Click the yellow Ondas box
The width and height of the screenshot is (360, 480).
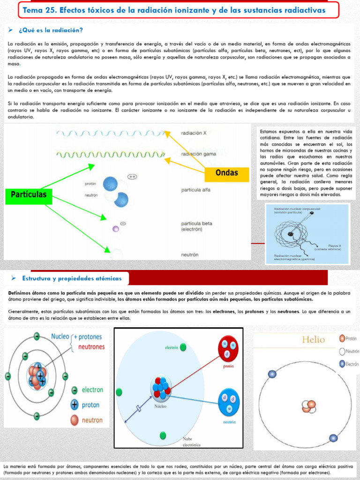[x=227, y=173]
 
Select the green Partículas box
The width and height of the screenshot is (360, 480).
[x=29, y=195]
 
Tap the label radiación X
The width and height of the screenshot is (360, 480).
[x=194, y=133]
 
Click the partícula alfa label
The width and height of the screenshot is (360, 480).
[x=195, y=190]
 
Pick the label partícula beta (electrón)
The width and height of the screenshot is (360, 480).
[x=196, y=226]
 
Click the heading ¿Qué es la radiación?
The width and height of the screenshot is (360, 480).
[x=51, y=30]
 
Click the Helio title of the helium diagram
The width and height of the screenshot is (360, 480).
[x=314, y=339]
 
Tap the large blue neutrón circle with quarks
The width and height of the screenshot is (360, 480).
[x=229, y=403]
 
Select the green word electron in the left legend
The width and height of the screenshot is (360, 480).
[x=92, y=390]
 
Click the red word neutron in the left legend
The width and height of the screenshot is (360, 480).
[x=92, y=420]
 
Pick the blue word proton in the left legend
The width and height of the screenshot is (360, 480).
[x=90, y=405]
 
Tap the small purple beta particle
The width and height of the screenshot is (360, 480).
[x=115, y=229]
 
